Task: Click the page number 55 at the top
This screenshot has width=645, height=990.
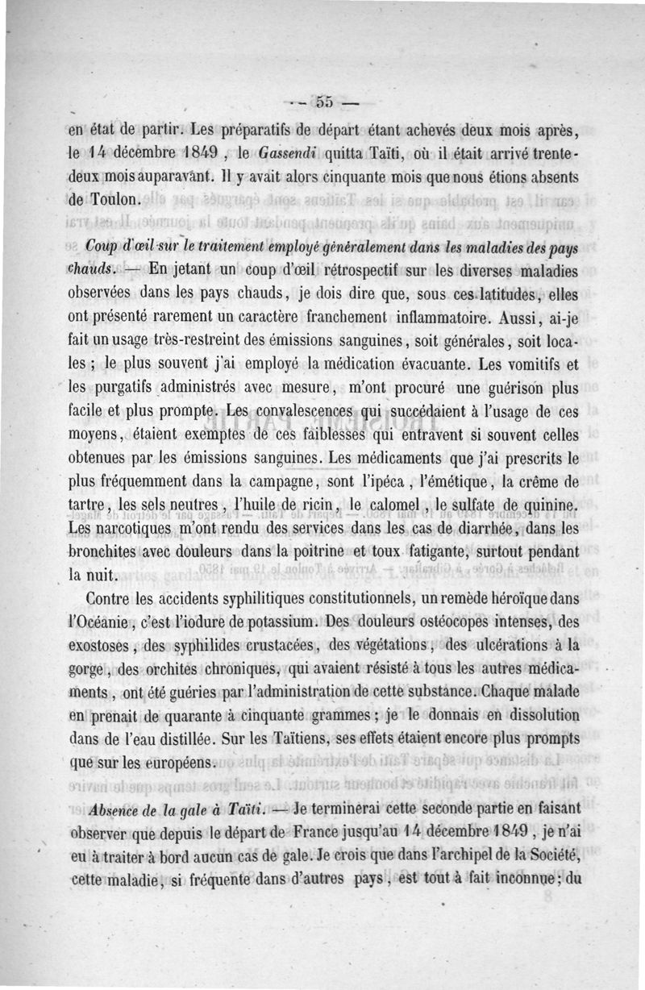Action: coord(325,102)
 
